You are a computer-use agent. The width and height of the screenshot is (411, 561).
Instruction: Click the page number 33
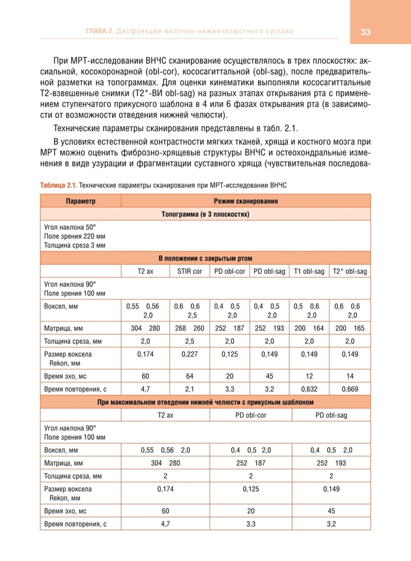point(365,32)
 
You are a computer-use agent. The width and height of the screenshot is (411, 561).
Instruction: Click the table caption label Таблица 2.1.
point(58,185)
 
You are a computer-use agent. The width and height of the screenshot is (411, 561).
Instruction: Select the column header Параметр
point(80,201)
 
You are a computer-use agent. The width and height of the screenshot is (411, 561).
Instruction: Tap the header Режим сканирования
point(246,201)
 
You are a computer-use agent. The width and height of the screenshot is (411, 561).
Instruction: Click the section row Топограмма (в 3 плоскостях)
point(205,214)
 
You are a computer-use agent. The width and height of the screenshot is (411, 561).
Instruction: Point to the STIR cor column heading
point(190,271)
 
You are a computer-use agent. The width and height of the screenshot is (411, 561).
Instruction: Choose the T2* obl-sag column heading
point(350,271)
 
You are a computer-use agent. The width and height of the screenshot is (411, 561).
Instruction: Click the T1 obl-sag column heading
point(309,271)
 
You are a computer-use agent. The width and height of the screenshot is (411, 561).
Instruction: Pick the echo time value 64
point(190,376)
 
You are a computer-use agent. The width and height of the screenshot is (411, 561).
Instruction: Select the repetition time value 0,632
point(309,388)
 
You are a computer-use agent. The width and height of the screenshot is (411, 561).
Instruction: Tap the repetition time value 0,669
point(350,388)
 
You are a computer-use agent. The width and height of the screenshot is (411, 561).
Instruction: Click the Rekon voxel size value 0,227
point(190,354)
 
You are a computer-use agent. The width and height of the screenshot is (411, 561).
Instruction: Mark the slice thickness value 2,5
point(190,341)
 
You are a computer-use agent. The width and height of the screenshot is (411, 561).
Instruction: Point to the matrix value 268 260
point(190,328)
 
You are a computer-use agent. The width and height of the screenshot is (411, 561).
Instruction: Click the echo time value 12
point(309,376)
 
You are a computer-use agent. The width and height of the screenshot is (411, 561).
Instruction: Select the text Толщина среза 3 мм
point(75,245)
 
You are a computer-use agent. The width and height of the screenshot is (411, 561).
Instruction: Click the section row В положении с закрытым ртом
point(205,259)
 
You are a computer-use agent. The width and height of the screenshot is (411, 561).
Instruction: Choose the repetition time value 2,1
point(190,388)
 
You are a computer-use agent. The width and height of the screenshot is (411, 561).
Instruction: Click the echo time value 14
point(350,376)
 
